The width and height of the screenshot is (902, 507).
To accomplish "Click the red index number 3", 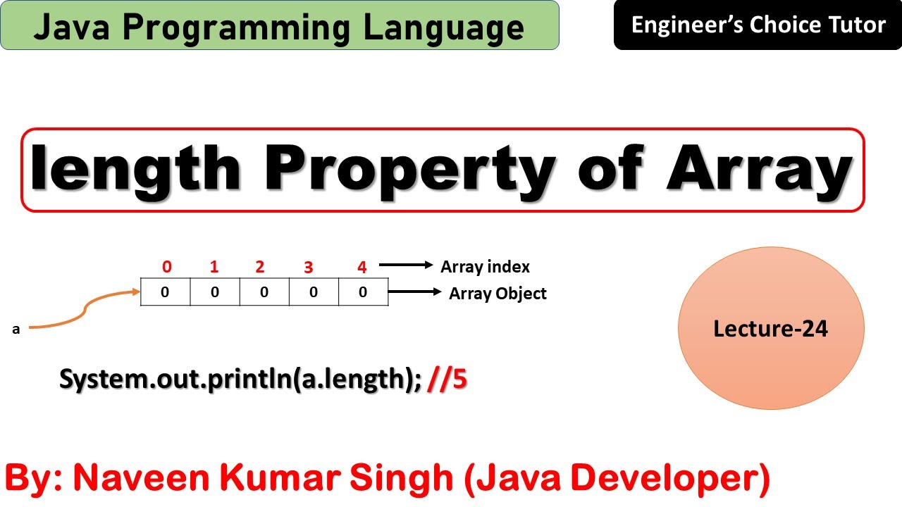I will tap(308, 268).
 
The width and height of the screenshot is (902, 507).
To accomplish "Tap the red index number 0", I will tap(166, 267).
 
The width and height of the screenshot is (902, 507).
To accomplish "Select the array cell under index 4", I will tap(363, 292).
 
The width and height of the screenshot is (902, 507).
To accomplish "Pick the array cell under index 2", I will tap(264, 292).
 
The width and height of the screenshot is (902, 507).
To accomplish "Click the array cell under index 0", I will tap(166, 292).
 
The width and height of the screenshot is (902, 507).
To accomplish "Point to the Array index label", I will tap(485, 267).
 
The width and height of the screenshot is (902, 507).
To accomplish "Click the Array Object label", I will tap(498, 294).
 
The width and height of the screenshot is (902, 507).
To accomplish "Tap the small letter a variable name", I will tap(16, 329).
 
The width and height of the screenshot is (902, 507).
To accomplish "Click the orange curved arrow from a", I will tap(85, 310).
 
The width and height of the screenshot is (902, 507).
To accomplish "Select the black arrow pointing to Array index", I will tap(405, 265).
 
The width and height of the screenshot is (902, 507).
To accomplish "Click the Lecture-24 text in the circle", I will tap(770, 328).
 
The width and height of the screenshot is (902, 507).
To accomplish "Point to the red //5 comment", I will tap(448, 379).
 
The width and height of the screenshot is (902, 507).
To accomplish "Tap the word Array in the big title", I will tap(760, 170).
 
